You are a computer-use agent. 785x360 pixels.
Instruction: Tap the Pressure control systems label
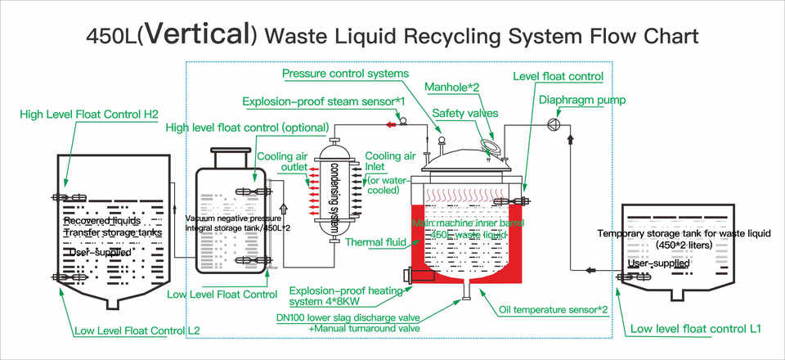(x=345, y=74)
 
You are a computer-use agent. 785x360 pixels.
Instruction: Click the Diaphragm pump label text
(x=583, y=100)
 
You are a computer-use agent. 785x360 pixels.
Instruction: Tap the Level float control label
(x=558, y=76)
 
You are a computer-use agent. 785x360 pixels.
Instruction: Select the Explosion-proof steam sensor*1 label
(x=325, y=101)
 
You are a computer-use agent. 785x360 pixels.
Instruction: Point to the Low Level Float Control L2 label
(x=137, y=331)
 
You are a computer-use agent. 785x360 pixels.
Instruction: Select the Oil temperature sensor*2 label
(x=553, y=309)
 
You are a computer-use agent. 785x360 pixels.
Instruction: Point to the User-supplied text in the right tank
(x=658, y=263)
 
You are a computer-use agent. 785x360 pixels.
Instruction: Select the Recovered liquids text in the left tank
(x=103, y=221)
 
